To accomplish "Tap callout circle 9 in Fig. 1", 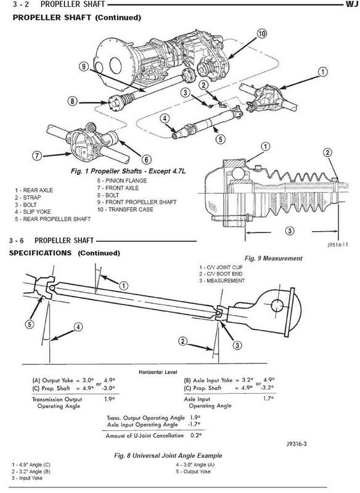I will click(84, 67).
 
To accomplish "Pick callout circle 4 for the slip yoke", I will click(165, 120).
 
